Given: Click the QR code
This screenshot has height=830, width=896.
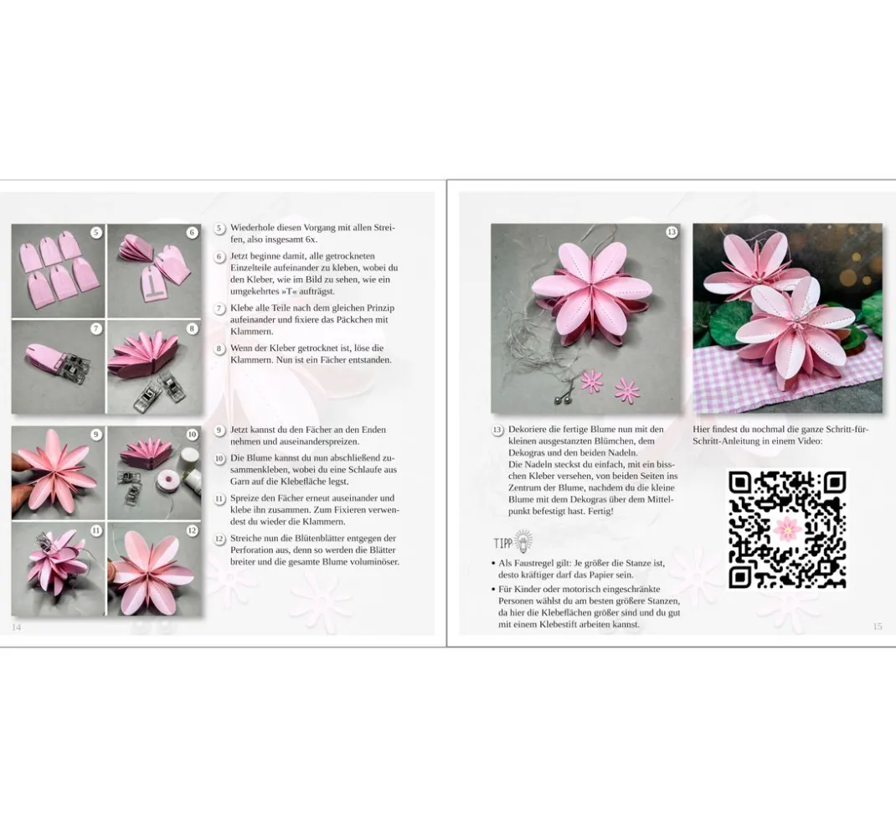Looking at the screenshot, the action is coord(787,529).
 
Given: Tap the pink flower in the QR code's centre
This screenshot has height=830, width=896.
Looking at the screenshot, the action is coord(787,529).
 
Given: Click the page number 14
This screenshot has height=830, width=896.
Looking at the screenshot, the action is coord(16,626).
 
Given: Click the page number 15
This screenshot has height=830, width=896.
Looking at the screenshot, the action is coord(877,626).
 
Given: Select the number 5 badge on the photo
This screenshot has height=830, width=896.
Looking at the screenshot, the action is coord(96,232).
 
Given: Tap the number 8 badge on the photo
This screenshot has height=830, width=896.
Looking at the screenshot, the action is coord(192,328).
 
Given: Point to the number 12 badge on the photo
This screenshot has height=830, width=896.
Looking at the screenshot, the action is coord(192,530).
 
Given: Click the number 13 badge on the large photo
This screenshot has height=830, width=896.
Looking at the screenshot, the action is coord(672,231).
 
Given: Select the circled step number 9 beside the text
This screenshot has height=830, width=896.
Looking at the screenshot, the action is coord(219,430).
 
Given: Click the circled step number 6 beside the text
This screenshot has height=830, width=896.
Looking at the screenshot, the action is coord(219,256).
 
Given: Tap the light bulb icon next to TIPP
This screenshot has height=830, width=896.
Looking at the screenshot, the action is coord(523,540).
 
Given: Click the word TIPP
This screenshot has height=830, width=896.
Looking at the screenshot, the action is coord(503,543).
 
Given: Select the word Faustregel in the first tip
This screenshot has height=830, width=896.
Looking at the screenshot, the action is coord(531,563).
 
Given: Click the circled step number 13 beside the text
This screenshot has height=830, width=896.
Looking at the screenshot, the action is coord(497,430).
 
